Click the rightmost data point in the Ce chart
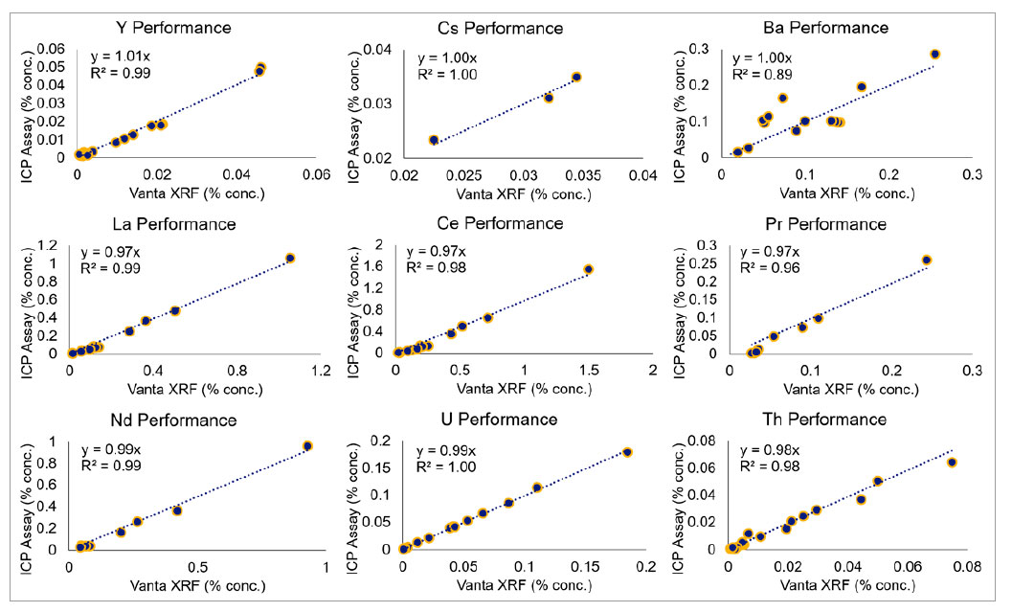(588, 269)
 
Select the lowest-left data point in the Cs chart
(434, 140)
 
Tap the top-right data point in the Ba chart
(935, 55)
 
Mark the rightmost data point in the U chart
(628, 452)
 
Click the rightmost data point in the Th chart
(952, 463)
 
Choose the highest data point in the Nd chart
(307, 445)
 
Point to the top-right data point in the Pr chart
(926, 260)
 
